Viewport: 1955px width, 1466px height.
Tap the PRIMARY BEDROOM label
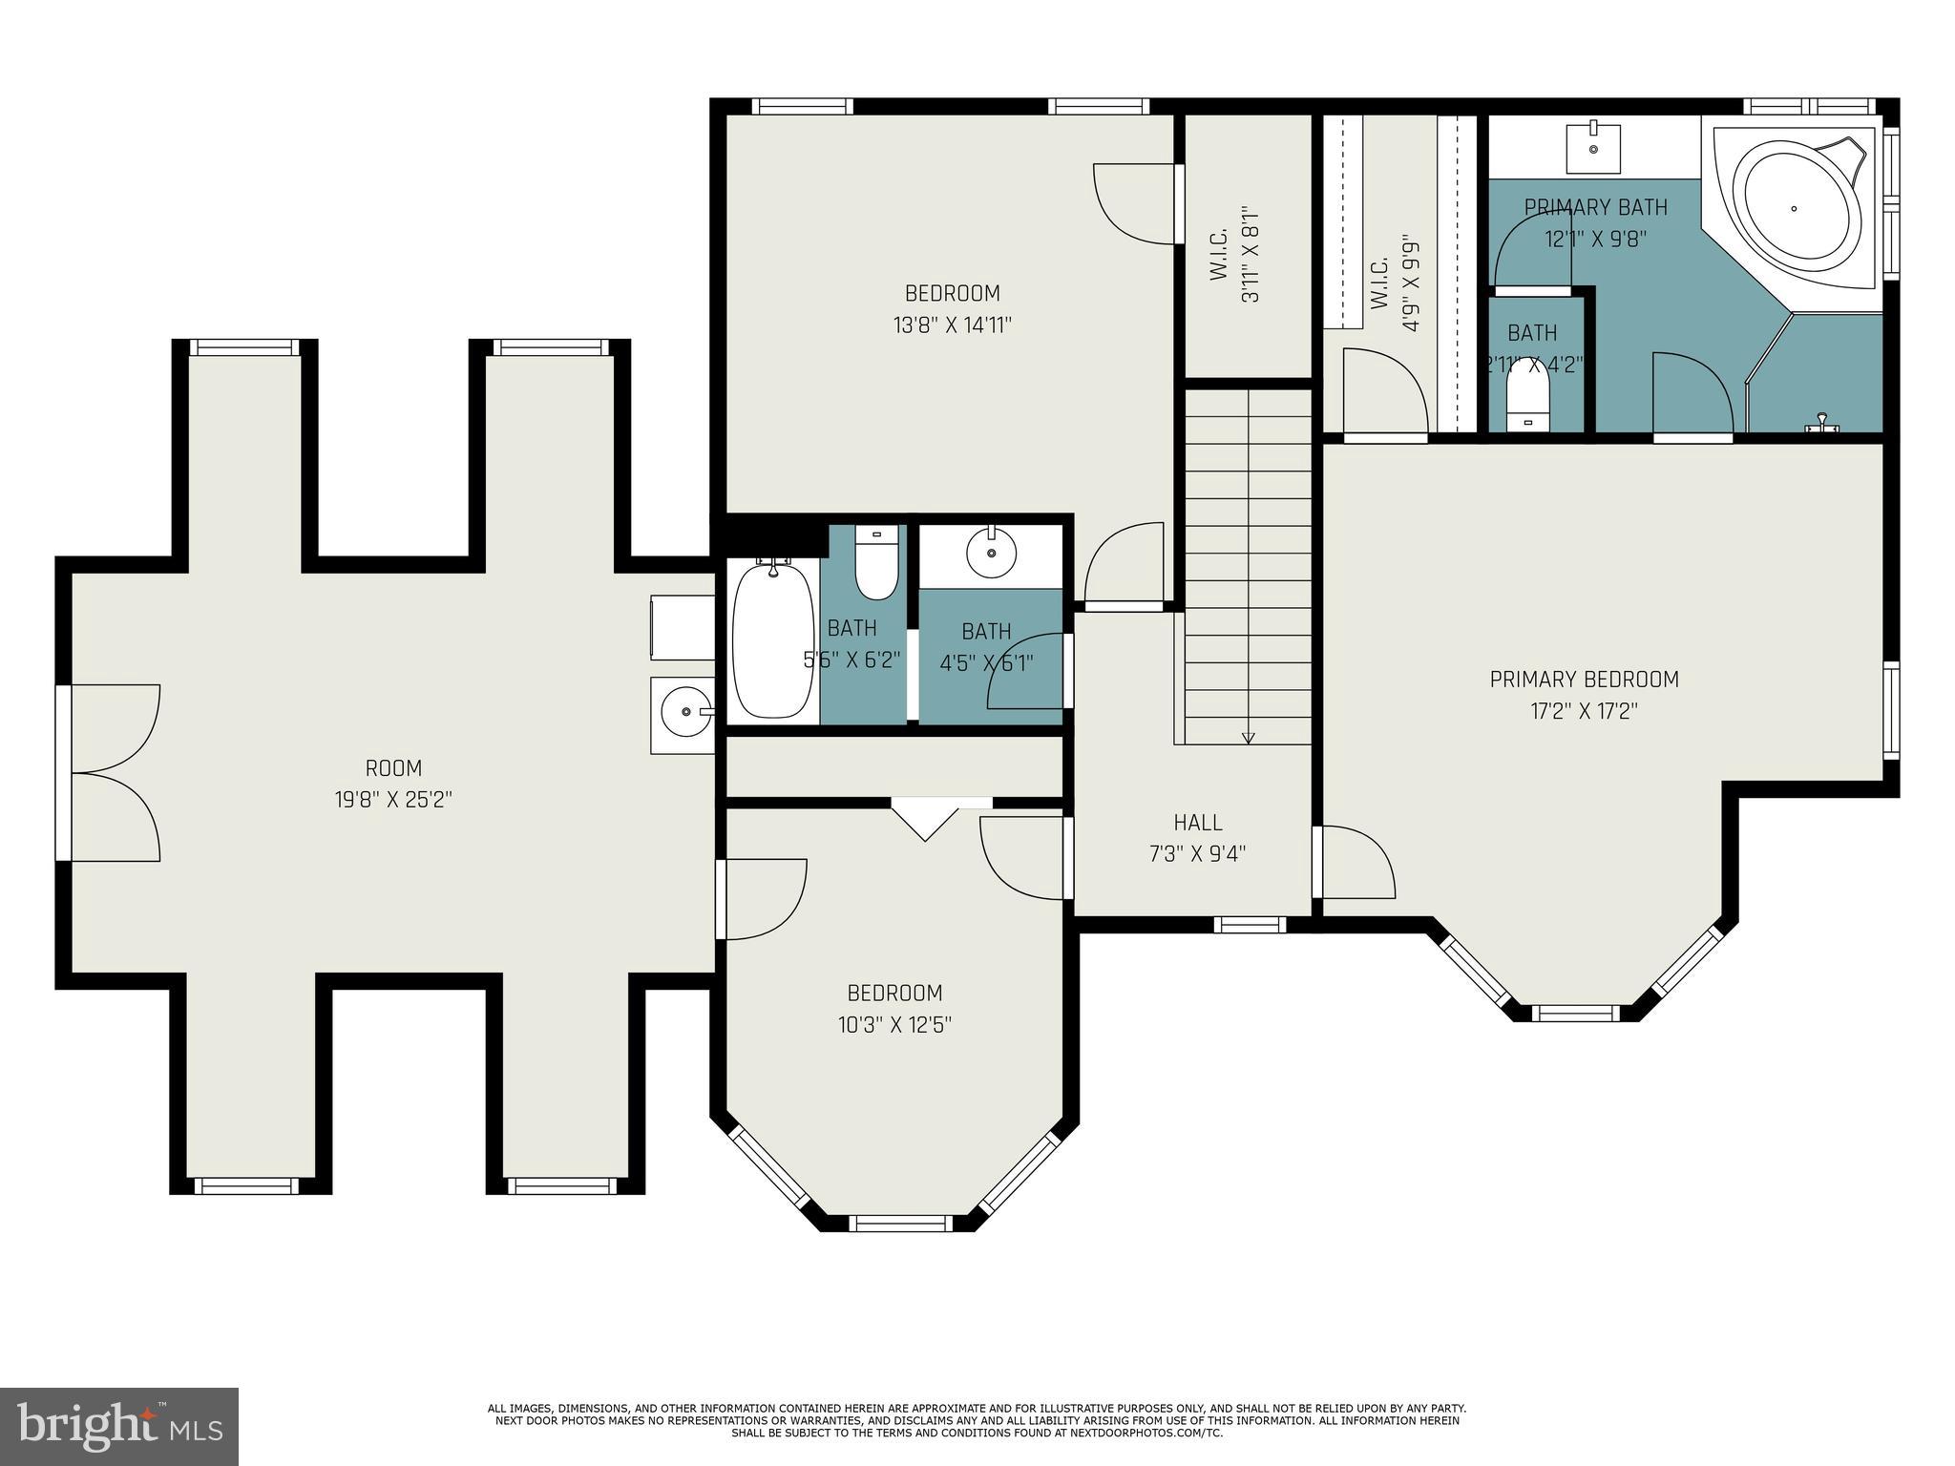pyautogui.click(x=1584, y=680)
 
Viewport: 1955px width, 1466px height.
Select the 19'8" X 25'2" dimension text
pyautogui.click(x=393, y=800)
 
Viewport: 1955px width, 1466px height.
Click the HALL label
pyautogui.click(x=1197, y=822)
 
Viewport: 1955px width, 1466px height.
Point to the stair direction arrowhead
pyautogui.click(x=1249, y=737)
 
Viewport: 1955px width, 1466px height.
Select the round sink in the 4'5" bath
pyautogui.click(x=991, y=552)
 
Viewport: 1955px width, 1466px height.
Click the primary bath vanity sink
pyautogui.click(x=1593, y=148)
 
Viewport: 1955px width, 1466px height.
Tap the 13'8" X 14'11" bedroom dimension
pyautogui.click(x=952, y=325)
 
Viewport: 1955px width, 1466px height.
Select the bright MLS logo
pyautogui.click(x=118, y=1426)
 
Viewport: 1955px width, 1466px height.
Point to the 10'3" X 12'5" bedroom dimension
pyautogui.click(x=894, y=1025)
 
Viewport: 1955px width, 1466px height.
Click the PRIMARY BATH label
pyautogui.click(x=1595, y=207)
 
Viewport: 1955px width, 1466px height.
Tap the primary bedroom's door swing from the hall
pyautogui.click(x=1356, y=861)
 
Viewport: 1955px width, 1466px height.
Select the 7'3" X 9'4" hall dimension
pyautogui.click(x=1197, y=853)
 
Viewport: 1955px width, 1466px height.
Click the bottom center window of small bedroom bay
pyautogui.click(x=900, y=1223)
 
